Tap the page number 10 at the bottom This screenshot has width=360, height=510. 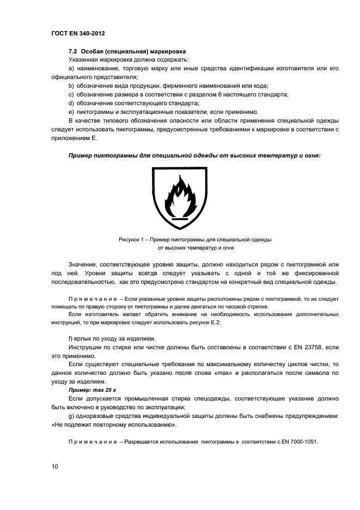tap(48, 467)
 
